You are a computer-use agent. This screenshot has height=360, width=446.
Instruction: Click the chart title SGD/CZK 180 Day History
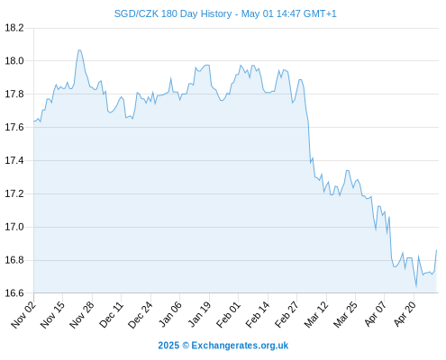coord(173,13)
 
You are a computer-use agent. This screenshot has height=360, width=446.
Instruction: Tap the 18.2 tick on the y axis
coord(14,28)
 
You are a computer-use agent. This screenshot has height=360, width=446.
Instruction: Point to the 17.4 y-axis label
coord(14,160)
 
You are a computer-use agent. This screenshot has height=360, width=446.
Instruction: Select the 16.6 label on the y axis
coord(14,293)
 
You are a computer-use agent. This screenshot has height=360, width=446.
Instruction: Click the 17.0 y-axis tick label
coord(14,227)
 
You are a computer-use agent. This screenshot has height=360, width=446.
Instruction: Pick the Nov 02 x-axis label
coord(23,315)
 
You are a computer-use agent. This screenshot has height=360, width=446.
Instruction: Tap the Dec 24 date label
coord(141,315)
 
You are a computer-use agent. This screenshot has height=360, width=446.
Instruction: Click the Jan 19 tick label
coord(199,315)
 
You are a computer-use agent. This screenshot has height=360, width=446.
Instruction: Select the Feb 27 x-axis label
coord(287,315)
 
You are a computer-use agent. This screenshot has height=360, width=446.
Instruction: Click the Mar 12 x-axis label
coord(316,315)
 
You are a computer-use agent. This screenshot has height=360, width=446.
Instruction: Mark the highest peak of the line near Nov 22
coord(79,50)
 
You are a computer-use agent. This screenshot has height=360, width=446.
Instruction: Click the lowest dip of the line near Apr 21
coord(416,287)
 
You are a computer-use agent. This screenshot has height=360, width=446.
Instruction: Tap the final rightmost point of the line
coord(437,250)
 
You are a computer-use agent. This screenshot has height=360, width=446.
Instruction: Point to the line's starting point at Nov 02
coord(34,121)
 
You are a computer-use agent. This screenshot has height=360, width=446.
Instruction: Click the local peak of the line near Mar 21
coord(348,170)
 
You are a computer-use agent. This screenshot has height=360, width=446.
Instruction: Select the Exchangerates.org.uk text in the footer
coord(240,346)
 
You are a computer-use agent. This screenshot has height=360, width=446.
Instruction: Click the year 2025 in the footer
coord(168,346)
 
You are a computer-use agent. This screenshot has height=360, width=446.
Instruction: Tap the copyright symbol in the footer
coord(186,346)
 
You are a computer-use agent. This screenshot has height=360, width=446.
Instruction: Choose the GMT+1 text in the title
coord(320,13)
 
